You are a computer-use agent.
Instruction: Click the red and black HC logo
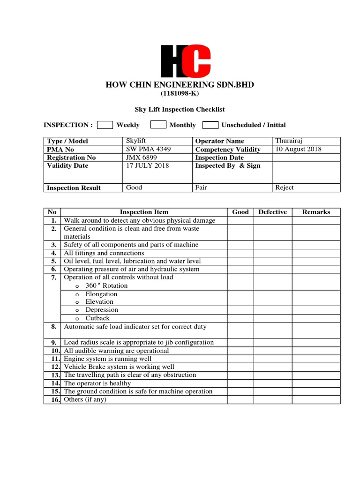point(186,61)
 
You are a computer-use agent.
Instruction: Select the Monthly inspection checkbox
point(159,125)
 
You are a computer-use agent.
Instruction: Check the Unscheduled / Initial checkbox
point(210,125)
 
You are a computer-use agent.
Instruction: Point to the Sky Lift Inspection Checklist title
point(180,109)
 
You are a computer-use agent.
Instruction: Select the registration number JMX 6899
point(142,157)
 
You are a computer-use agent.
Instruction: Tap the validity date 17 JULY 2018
point(148,165)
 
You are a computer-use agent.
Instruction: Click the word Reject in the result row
point(285,187)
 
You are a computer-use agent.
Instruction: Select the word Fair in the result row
point(201,187)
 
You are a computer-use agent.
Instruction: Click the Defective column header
point(272,212)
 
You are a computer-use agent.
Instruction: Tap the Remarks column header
point(316,212)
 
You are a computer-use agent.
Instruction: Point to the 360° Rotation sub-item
point(106,285)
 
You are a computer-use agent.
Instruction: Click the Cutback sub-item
point(97,318)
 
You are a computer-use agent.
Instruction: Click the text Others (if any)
point(85,399)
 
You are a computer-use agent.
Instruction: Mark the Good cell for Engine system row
point(240,359)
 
